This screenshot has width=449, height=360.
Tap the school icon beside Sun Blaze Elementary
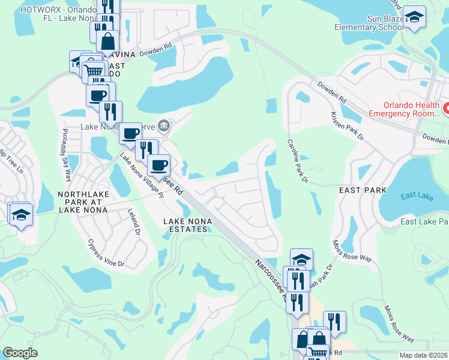(414, 17)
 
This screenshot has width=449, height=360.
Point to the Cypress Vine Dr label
(105, 254)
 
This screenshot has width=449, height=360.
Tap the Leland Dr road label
(133, 221)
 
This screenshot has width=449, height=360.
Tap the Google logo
(20, 353)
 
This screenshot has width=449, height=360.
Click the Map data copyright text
(423, 355)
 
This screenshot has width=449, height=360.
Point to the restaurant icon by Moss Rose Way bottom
(334, 322)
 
